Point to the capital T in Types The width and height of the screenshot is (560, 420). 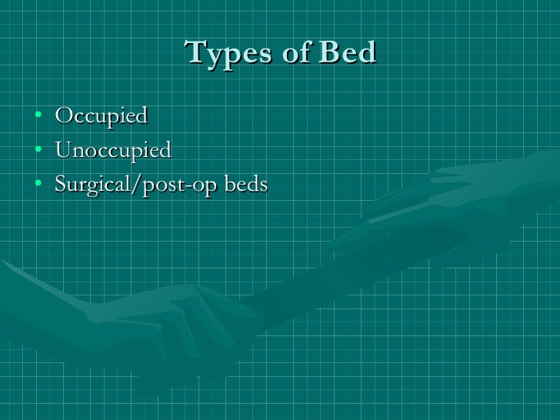click(195, 52)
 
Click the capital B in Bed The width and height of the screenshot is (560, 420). click(328, 52)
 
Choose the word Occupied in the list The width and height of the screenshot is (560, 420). click(101, 117)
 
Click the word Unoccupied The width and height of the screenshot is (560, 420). click(113, 151)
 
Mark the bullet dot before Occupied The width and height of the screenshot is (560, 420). click(38, 117)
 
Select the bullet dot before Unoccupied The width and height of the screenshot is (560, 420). click(38, 151)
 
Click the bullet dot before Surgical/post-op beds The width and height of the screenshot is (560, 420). click(38, 185)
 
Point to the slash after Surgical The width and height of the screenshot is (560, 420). click(128, 185)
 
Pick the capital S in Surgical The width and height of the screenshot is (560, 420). click(61, 185)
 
